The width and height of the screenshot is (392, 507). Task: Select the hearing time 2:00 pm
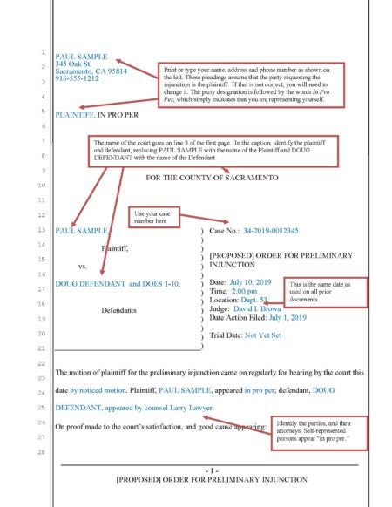pos(247,294)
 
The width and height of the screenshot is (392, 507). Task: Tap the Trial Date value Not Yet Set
pos(280,335)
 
